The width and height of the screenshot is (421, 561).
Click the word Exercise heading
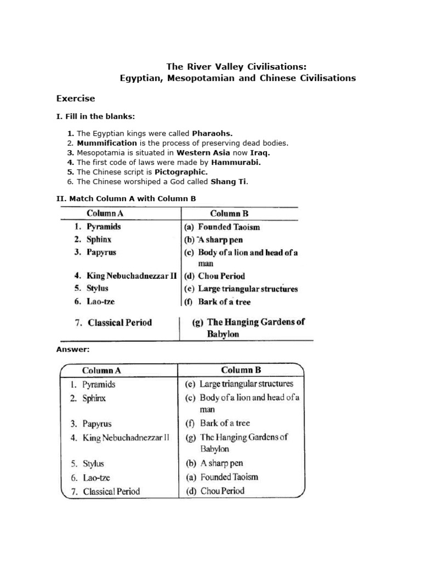point(76,99)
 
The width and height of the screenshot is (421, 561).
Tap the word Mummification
point(107,143)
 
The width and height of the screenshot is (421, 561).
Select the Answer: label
point(73,349)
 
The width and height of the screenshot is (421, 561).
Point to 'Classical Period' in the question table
point(120,323)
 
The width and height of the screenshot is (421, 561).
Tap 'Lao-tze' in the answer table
point(96,478)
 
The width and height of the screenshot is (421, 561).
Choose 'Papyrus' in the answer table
point(97,423)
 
